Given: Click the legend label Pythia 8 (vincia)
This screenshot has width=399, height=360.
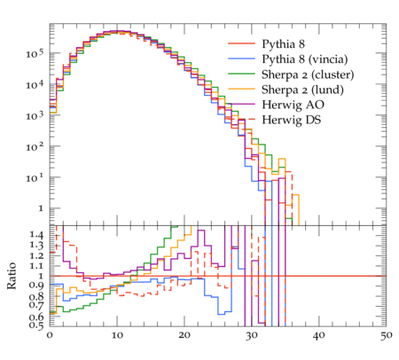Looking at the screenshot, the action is [305, 59].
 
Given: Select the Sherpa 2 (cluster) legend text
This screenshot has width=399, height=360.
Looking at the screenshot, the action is [308, 74].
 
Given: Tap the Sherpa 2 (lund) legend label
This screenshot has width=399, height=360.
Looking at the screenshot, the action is [302, 90].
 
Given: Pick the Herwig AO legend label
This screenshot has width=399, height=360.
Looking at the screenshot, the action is [293, 105].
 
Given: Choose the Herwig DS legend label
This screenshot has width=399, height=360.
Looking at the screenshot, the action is [292, 120].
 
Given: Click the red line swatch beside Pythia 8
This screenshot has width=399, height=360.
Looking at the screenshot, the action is [241, 43].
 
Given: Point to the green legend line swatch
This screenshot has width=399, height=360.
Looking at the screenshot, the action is [241, 74].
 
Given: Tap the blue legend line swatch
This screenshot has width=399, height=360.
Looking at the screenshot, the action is [241, 59].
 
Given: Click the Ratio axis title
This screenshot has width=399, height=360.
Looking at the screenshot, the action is [12, 276].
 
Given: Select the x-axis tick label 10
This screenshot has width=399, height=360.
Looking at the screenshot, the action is [117, 335].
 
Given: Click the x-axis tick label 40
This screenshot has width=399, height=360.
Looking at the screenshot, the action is [319, 335].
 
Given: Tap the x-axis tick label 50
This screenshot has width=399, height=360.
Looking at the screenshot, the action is [387, 335].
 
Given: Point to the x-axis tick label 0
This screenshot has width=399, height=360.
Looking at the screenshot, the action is [50, 335].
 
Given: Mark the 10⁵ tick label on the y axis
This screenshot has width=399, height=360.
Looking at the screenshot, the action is [35, 53].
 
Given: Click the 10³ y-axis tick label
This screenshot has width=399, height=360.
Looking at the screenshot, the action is [35, 115].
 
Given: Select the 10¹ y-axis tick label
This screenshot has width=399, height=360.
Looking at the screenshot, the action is [35, 177].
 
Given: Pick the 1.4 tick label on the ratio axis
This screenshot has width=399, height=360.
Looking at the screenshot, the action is [36, 235].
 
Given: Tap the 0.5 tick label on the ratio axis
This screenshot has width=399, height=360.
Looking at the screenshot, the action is [36, 325].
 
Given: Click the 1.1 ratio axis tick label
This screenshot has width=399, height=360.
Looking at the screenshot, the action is [36, 265].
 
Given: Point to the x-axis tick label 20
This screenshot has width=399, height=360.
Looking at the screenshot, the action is [184, 335].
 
